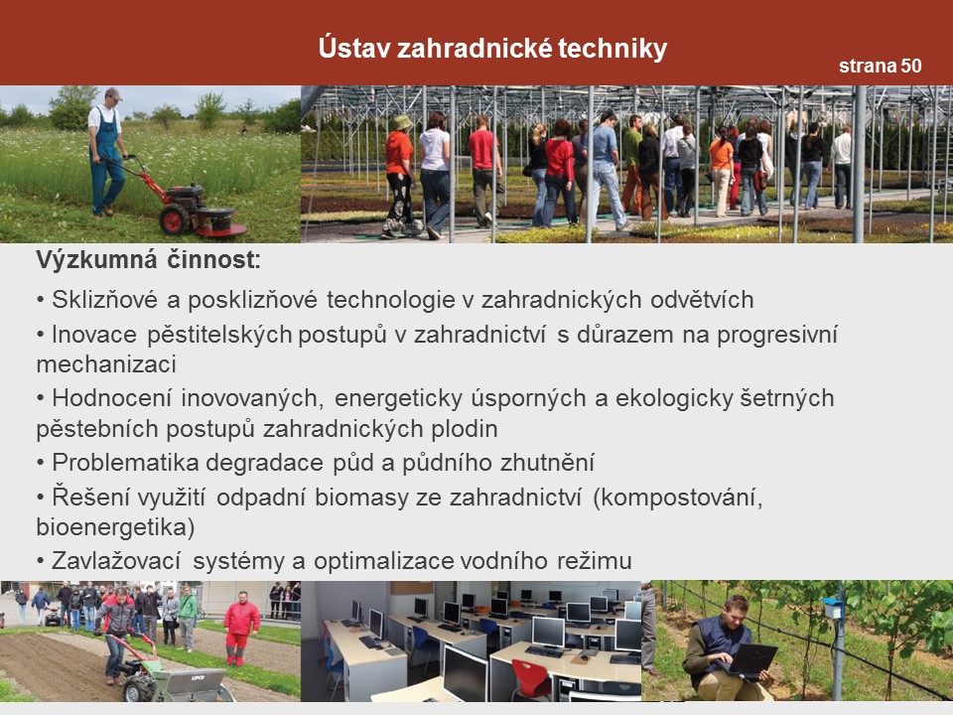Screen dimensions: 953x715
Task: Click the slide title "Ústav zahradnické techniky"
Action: click(492, 48)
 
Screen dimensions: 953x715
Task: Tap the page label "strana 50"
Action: click(881, 66)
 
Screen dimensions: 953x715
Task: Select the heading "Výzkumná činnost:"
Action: click(149, 260)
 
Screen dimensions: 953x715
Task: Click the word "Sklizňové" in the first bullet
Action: click(104, 300)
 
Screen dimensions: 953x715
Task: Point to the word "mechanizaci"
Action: click(106, 364)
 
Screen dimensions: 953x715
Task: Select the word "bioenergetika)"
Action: click(115, 527)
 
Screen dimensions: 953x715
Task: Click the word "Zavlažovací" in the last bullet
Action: click(116, 560)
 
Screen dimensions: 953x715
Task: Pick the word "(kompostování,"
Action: click(678, 498)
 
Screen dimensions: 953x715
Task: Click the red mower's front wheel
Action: click(174, 218)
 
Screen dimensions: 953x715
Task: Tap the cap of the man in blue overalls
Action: click(113, 93)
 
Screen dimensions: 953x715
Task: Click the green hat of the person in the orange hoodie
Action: click(402, 123)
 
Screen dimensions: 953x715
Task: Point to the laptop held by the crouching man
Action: click(752, 659)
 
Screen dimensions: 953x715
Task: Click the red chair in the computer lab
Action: click(530, 678)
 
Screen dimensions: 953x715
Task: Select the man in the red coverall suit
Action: click(241, 628)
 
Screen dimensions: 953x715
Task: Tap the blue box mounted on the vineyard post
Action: click(831, 607)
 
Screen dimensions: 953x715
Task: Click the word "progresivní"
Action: click(777, 335)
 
